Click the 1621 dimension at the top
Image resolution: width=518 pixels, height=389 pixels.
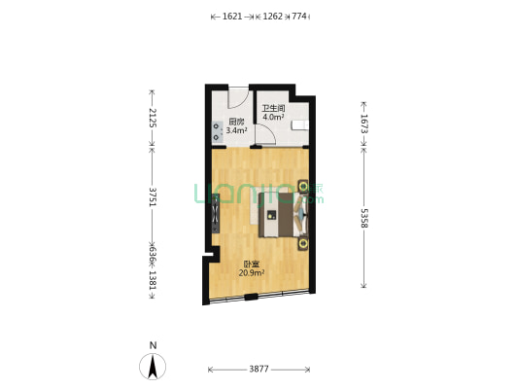232,17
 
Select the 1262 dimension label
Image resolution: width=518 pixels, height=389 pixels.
272,17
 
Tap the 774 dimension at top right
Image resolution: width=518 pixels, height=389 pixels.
299,17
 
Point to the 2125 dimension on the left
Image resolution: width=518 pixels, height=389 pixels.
153,118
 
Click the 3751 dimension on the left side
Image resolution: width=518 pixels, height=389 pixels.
153,197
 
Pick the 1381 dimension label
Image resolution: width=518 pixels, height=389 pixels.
153,281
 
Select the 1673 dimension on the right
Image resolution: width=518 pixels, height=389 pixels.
363,124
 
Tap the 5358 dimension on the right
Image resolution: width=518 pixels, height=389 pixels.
363,219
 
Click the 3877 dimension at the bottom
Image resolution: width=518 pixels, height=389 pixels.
259,369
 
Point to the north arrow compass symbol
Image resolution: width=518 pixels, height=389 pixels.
153,367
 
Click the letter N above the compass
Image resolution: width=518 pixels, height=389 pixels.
153,345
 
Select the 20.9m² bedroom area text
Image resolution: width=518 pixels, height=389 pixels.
252,273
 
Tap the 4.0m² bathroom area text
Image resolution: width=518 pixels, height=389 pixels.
273,117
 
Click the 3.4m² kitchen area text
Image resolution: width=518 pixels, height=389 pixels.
236,130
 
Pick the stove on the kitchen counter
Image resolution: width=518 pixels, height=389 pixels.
217,131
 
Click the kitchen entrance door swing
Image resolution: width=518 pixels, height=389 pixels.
238,98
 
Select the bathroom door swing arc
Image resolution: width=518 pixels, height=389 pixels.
266,134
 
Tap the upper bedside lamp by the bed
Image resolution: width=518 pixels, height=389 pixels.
303,187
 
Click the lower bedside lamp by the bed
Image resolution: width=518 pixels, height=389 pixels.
303,244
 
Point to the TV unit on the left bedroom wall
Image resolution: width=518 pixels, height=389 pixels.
216,214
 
